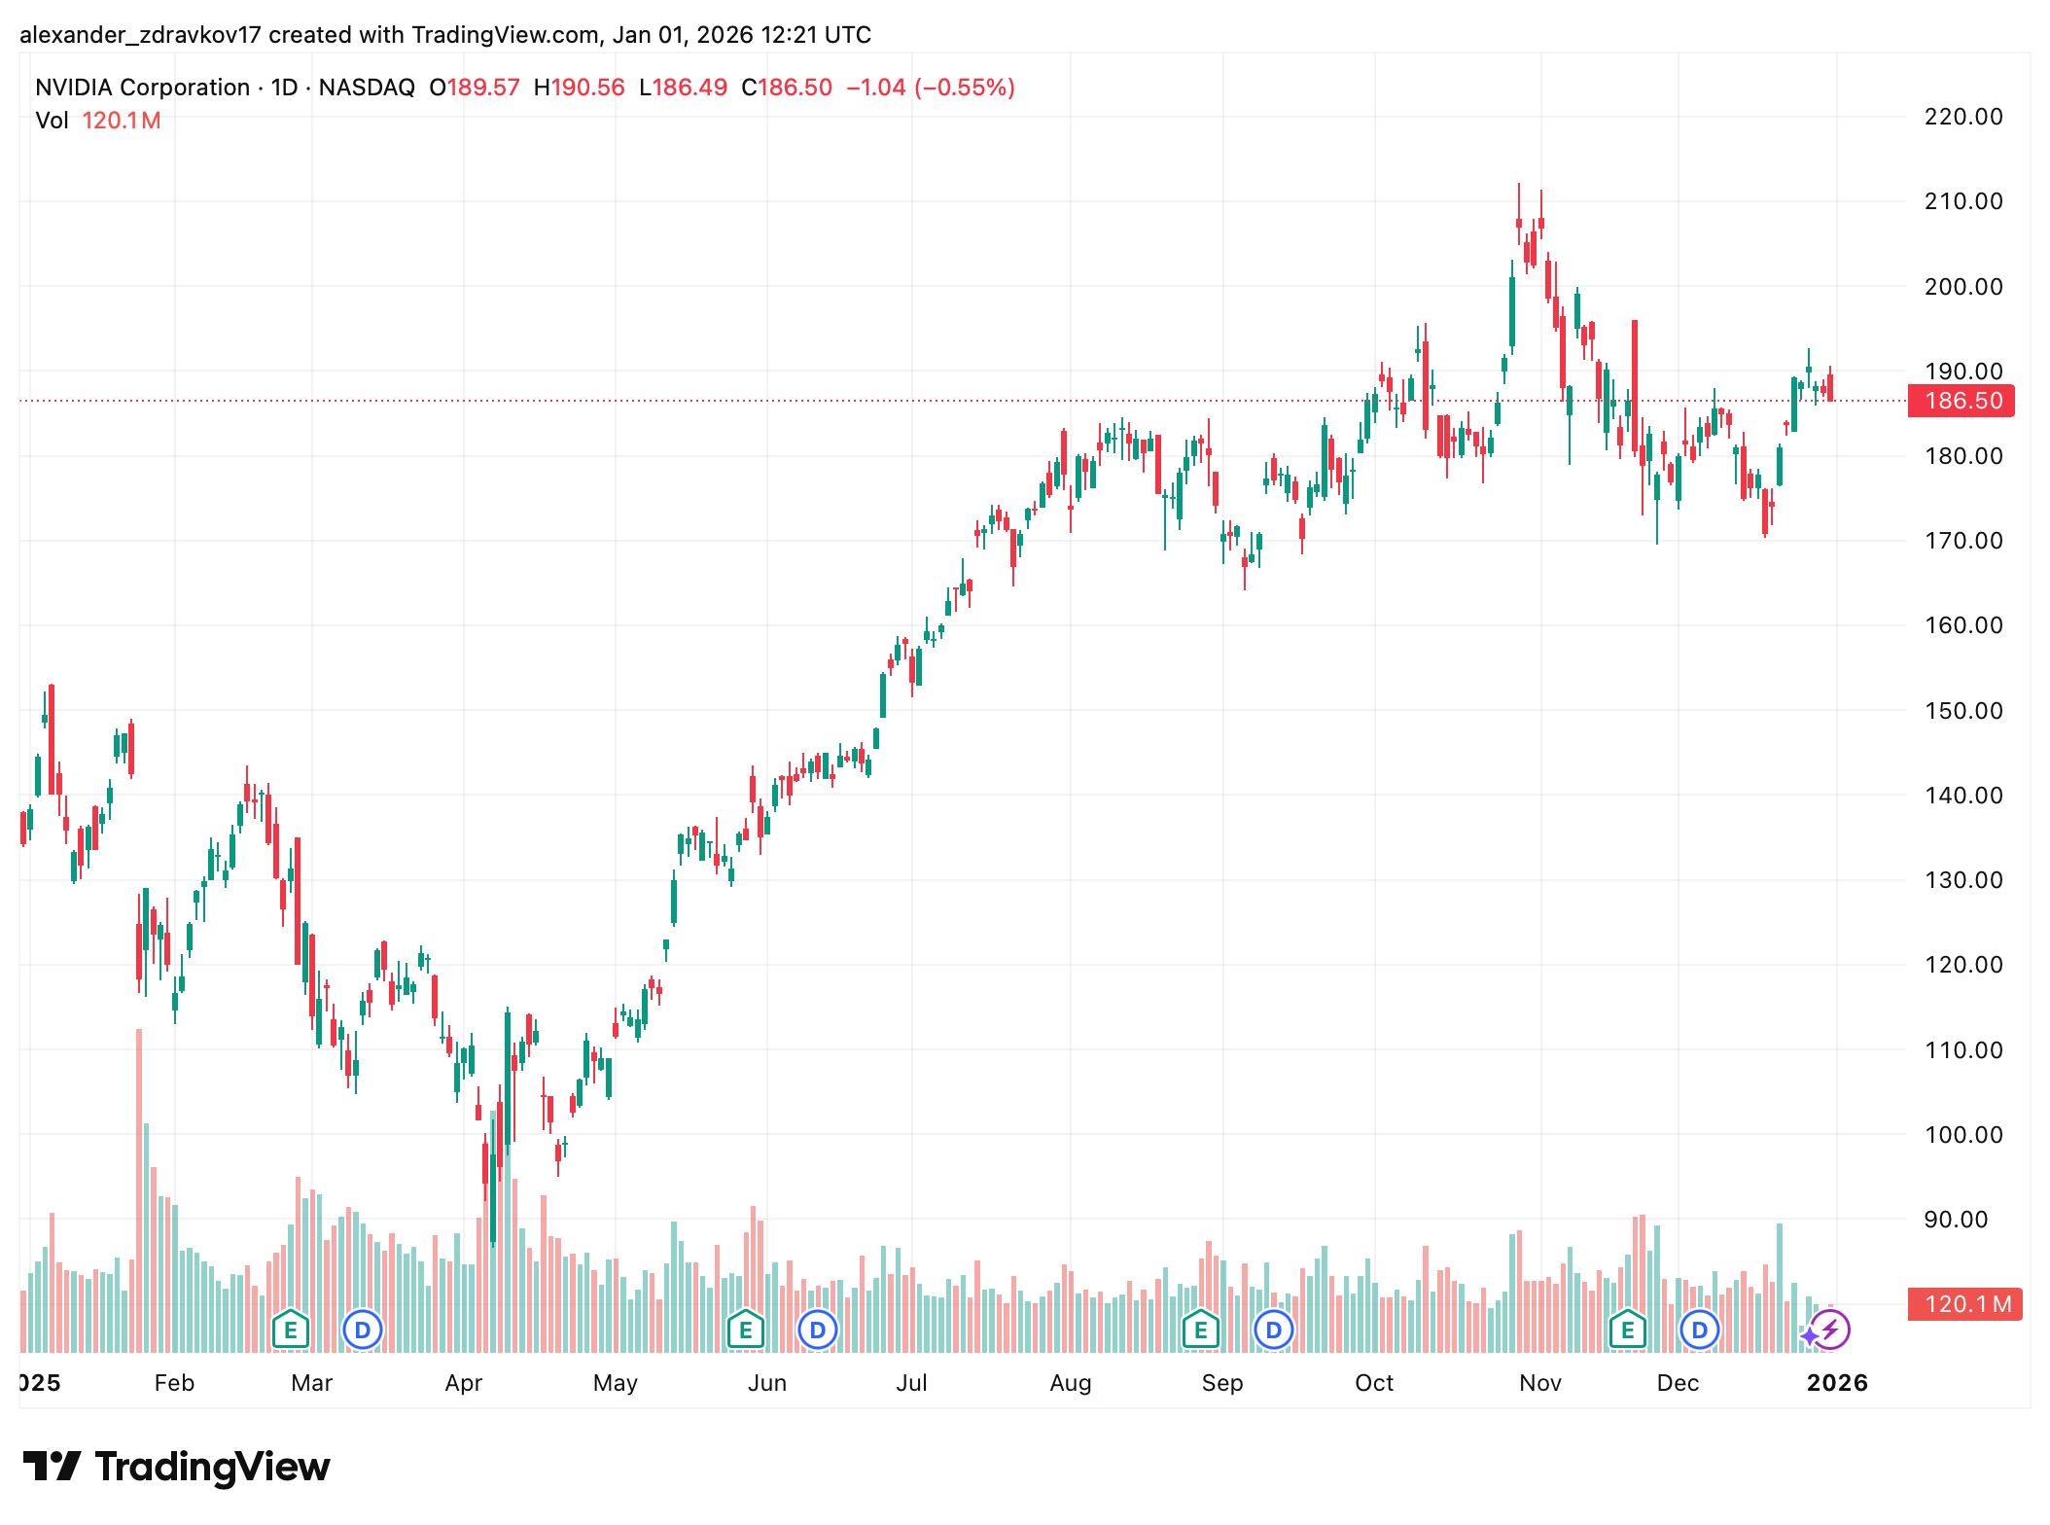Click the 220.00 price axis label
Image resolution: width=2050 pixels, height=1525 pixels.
click(1962, 117)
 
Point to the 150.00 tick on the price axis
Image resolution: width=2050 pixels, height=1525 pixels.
click(1962, 711)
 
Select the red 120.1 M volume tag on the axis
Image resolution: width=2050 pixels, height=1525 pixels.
click(1964, 1304)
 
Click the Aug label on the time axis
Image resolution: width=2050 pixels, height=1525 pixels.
click(1070, 1383)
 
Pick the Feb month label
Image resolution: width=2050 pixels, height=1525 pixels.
click(174, 1383)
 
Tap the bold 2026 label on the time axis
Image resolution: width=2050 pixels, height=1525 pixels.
click(1836, 1383)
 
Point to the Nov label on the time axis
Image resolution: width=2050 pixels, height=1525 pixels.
click(1539, 1383)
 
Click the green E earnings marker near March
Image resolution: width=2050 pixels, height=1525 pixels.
click(290, 1330)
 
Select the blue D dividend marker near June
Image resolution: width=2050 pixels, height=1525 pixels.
click(818, 1330)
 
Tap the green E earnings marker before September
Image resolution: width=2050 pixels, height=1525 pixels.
click(1200, 1330)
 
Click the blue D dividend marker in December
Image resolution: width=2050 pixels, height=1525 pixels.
click(1699, 1330)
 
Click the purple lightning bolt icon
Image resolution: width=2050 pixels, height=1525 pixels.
click(1830, 1330)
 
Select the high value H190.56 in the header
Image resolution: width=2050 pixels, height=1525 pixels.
click(579, 88)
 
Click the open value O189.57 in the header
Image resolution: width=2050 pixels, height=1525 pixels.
click(475, 88)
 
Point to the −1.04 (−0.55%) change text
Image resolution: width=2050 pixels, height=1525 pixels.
click(930, 88)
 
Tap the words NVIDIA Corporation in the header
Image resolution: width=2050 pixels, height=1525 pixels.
click(142, 88)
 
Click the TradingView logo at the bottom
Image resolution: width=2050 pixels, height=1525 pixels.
click(176, 1467)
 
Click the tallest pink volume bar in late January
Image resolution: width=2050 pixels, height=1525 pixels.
click(139, 1187)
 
